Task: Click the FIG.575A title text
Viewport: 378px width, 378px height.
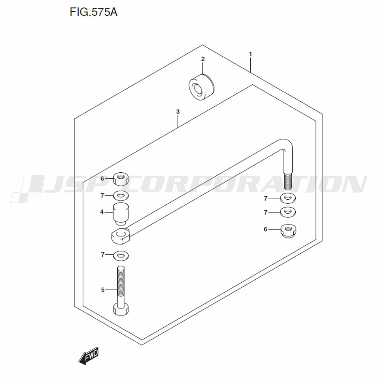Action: point(93,12)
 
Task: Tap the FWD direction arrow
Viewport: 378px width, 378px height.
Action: point(88,355)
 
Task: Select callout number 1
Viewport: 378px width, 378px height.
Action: point(251,54)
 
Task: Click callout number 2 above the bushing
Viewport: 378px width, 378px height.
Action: point(203,59)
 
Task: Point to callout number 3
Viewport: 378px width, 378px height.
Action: point(178,112)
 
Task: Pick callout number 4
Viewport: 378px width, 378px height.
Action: point(102,212)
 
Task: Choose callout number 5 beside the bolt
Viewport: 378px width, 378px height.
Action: point(103,290)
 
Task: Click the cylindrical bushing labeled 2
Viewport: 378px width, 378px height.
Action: point(201,86)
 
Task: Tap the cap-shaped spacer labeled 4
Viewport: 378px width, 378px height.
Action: point(121,214)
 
